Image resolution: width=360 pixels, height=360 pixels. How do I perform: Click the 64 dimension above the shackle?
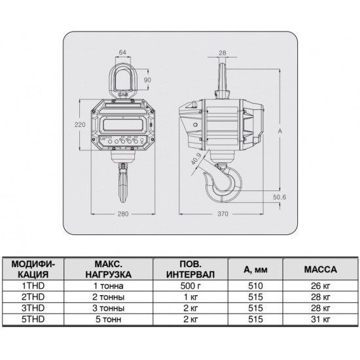(122, 52)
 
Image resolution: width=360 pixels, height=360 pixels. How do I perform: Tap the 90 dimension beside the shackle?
(147, 80)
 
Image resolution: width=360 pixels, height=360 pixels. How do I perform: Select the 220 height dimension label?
(80, 124)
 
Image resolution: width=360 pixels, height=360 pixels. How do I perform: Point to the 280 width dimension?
(123, 214)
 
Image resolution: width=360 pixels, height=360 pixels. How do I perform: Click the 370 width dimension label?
(223, 214)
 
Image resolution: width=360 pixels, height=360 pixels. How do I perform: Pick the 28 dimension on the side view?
(223, 53)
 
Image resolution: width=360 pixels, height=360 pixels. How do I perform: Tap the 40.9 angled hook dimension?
(196, 159)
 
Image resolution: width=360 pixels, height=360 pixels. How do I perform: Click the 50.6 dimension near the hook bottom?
(279, 197)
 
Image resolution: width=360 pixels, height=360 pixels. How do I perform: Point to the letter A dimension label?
(280, 132)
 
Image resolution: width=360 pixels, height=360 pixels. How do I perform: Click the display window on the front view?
(122, 125)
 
